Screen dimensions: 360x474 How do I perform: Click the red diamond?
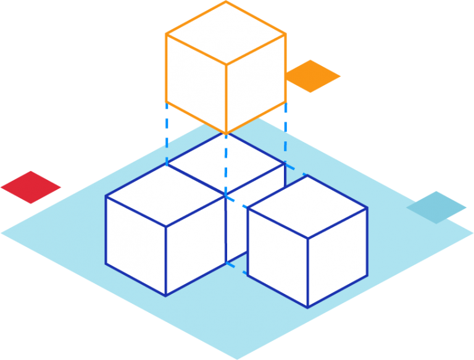[30, 186]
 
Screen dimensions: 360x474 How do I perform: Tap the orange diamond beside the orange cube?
[314, 76]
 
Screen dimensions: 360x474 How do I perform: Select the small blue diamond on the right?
[436, 207]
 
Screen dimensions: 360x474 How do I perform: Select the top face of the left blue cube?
[165, 196]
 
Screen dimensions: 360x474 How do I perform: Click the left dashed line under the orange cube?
[167, 133]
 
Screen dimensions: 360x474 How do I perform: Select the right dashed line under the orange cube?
[285, 133]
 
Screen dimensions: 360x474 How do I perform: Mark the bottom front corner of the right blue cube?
[307, 307]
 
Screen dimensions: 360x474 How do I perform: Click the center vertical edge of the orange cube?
[226, 99]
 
